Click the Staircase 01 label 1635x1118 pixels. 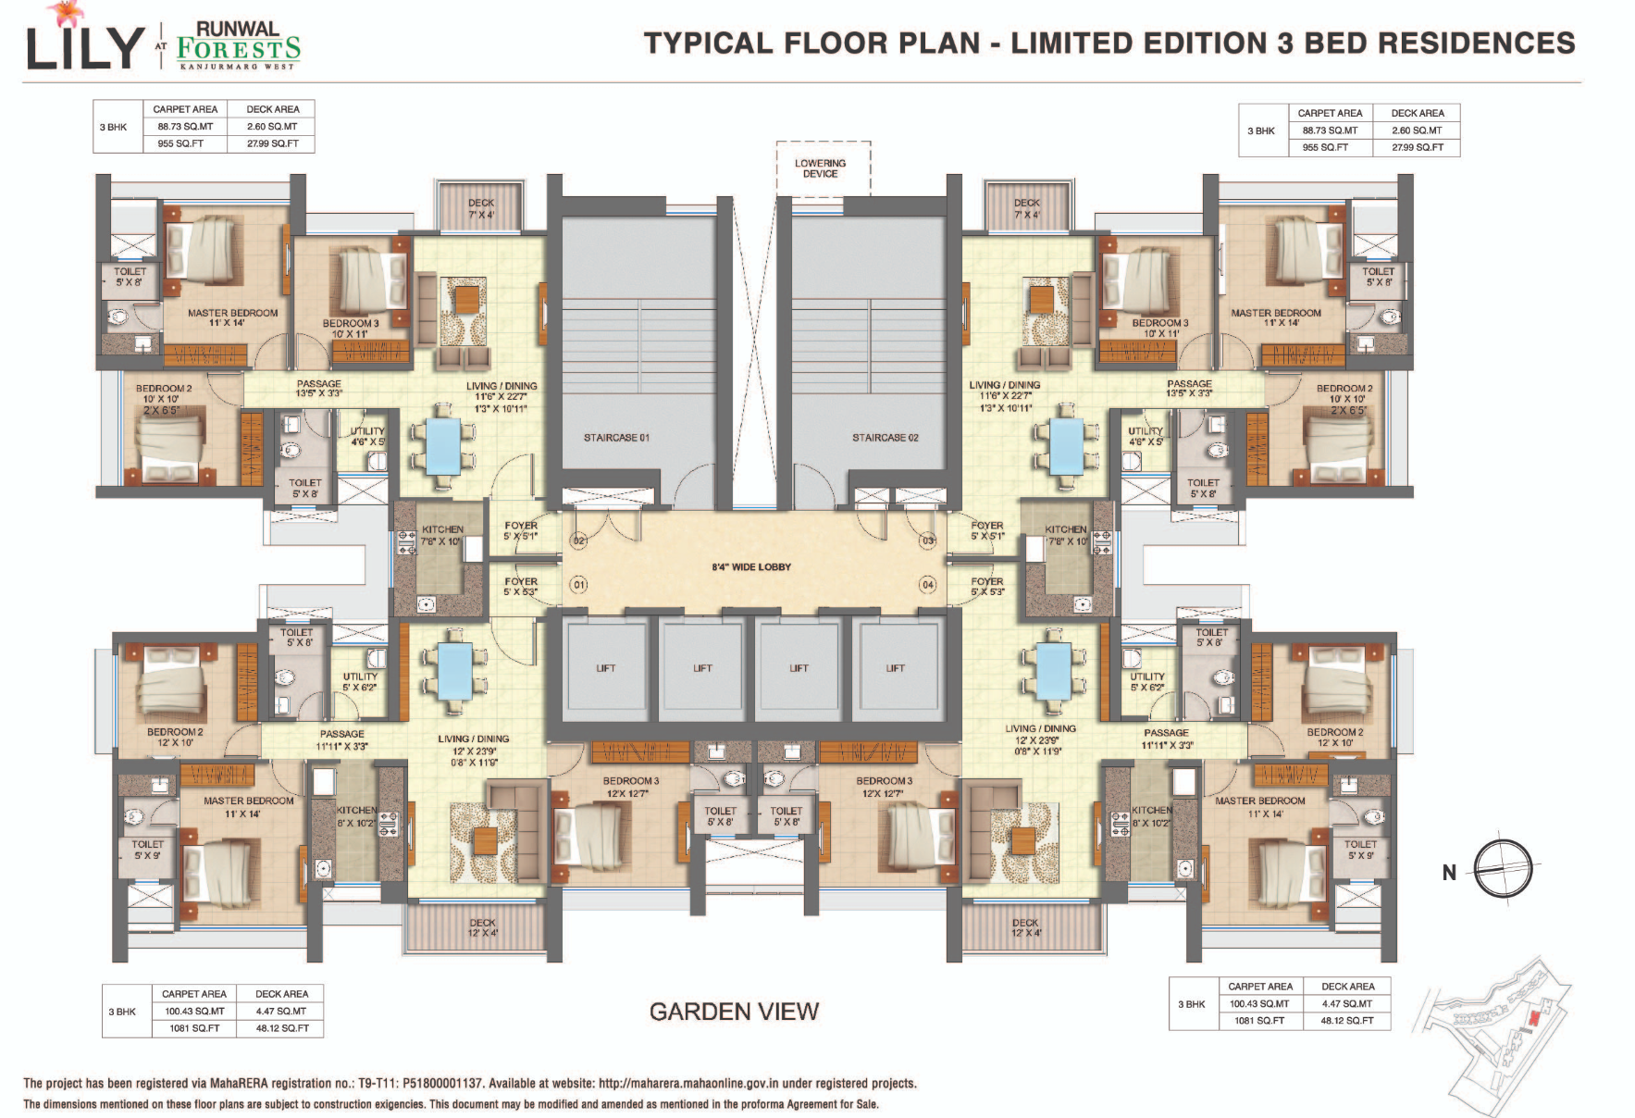pos(616,438)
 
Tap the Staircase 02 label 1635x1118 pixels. pos(886,438)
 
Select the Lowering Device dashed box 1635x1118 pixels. pos(821,168)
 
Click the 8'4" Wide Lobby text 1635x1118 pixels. pos(751,567)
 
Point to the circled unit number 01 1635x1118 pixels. pos(579,585)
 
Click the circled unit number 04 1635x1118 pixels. pos(927,585)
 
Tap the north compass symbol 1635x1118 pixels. pos(1502,868)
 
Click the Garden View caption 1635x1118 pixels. pos(734,1012)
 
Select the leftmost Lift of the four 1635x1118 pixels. pos(605,668)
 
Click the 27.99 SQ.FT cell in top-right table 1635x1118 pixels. pos(1418,147)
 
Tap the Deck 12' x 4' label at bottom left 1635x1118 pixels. pos(482,927)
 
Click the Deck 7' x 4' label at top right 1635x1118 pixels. pos(1026,208)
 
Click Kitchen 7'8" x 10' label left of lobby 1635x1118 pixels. pos(441,535)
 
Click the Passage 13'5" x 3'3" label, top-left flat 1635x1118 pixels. pos(318,389)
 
